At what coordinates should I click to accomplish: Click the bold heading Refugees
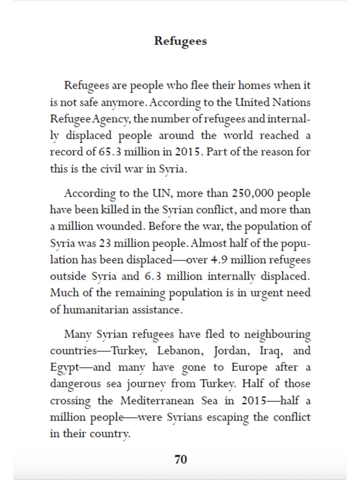180,41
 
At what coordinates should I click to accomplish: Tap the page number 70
180,459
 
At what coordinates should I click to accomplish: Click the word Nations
291,102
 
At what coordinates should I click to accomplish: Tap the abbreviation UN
161,193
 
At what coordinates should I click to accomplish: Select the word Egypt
64,368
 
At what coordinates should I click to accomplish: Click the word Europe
249,367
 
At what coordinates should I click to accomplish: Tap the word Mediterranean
157,400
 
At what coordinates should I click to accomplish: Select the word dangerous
75,384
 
